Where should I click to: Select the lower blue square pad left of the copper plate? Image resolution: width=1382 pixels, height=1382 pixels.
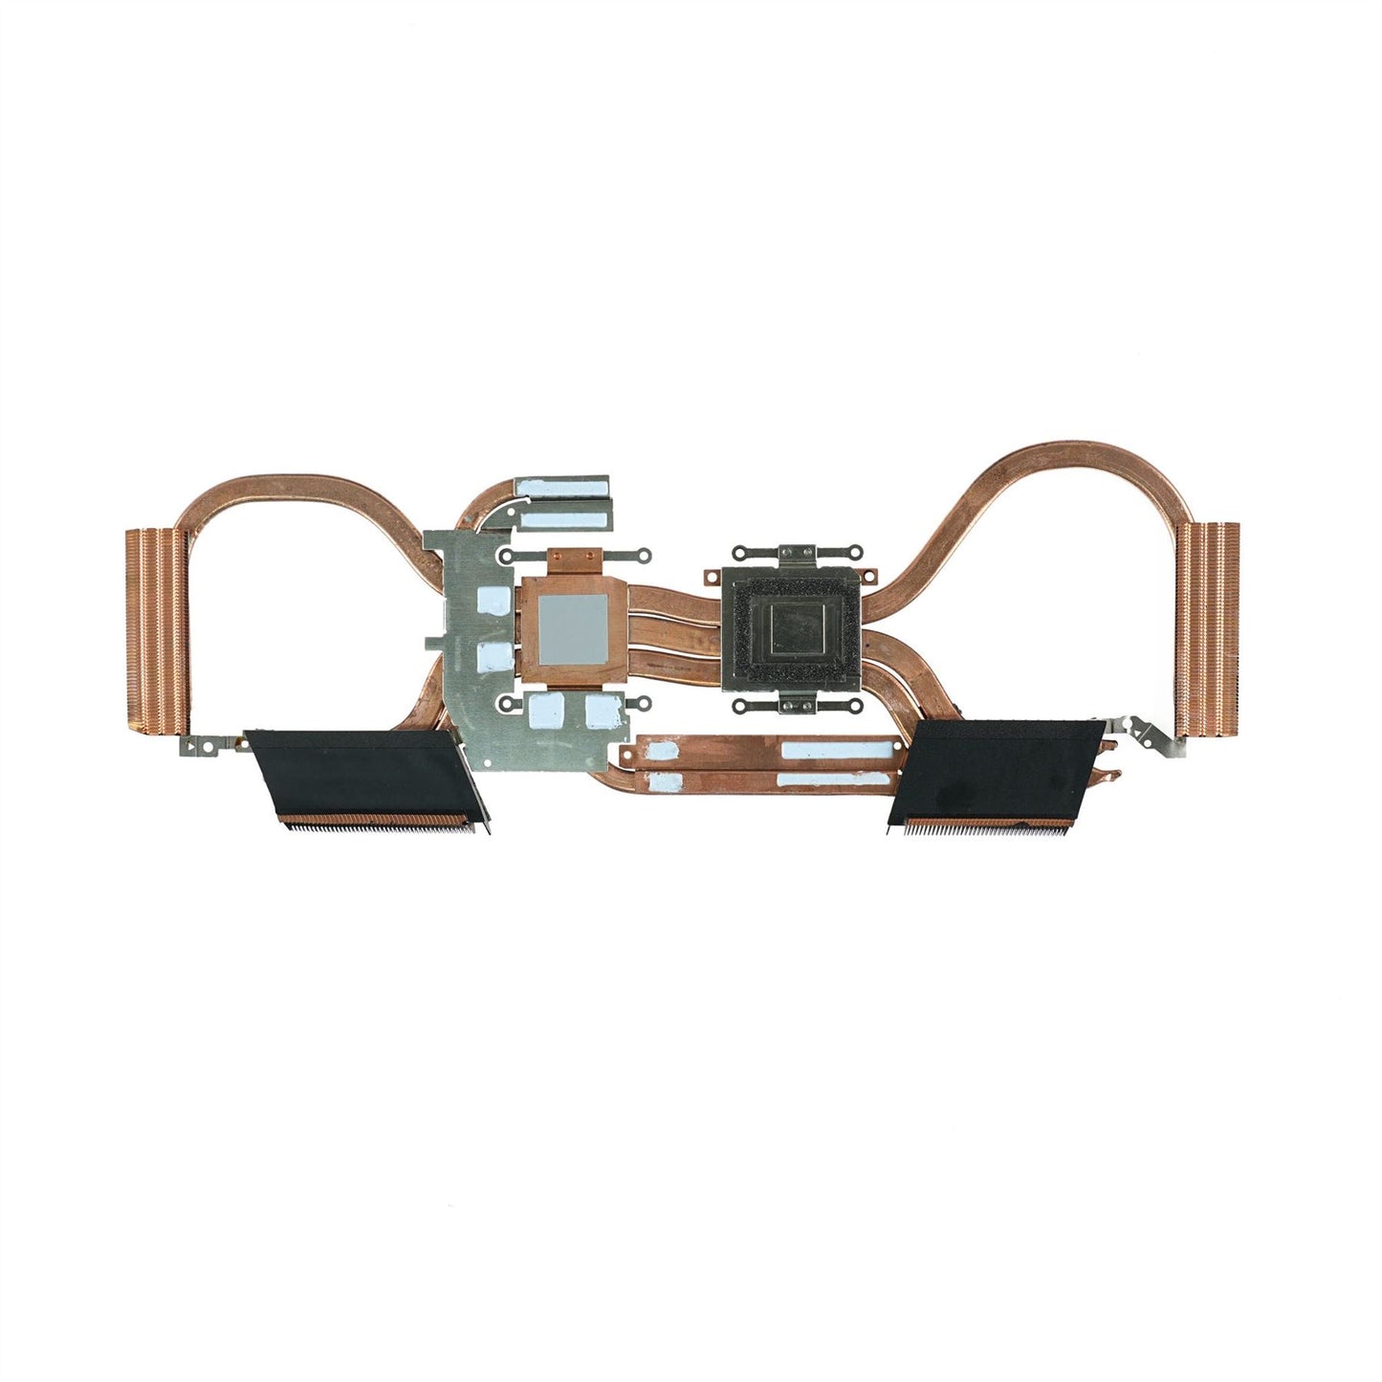[x=491, y=656]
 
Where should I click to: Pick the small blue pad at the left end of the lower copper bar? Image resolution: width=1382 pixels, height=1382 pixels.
[x=666, y=782]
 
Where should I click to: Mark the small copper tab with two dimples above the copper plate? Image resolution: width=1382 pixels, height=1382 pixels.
[x=574, y=555]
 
